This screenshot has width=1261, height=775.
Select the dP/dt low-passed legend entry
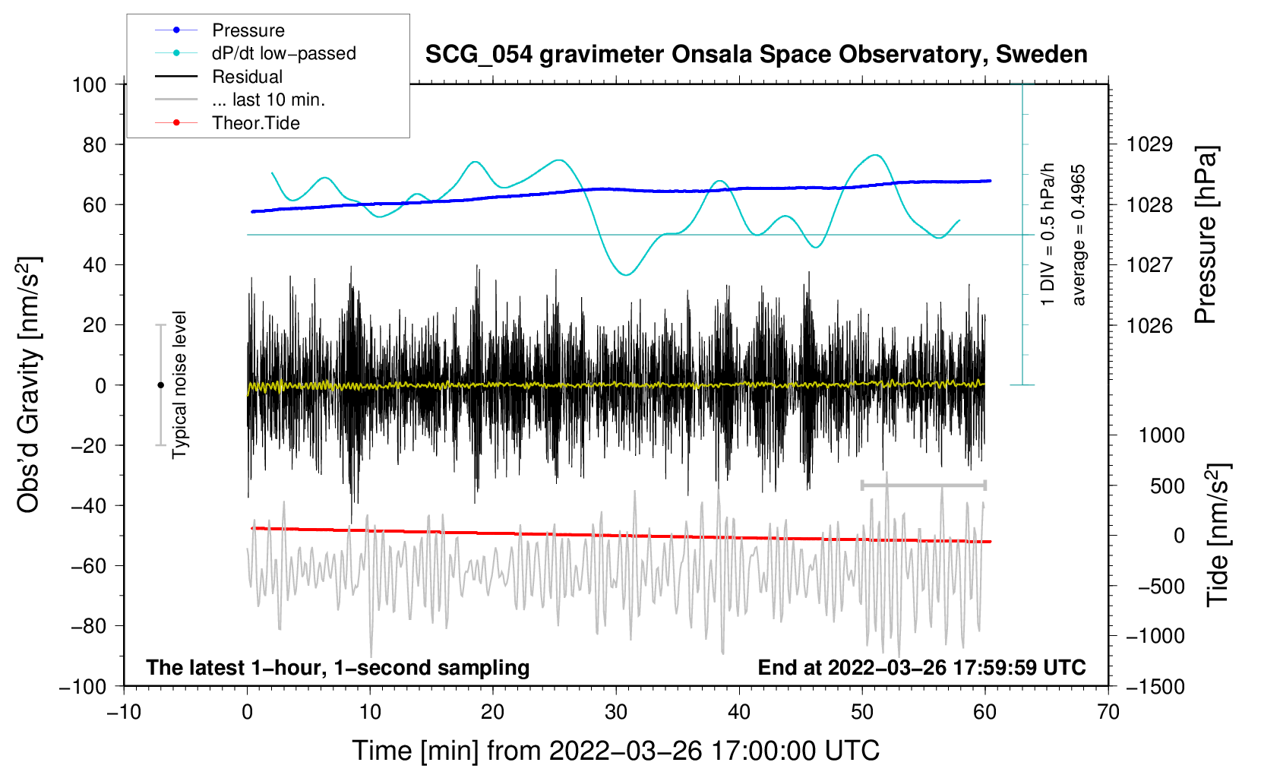[x=283, y=53]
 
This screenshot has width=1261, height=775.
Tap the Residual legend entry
[x=247, y=77]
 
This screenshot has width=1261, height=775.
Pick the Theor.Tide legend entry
[x=255, y=123]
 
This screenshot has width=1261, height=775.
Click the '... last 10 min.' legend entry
[x=268, y=100]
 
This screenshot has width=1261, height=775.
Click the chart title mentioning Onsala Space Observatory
[x=756, y=55]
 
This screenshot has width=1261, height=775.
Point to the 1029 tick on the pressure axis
[x=1149, y=144]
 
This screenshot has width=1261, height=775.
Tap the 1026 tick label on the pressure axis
[x=1149, y=325]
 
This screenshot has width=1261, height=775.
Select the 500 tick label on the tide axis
[x=1167, y=486]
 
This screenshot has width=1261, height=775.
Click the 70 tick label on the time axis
[x=1108, y=712]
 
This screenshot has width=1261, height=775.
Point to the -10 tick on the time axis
[x=124, y=712]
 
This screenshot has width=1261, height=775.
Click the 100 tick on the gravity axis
[x=90, y=84]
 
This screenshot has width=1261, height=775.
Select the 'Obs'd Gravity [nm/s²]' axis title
[x=29, y=384]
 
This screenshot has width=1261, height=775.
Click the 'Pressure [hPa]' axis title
[x=1206, y=235]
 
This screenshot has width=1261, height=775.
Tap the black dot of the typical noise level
[x=160, y=385]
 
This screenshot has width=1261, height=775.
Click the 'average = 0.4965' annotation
[x=1079, y=235]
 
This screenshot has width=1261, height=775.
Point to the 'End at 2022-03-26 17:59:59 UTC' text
[x=921, y=667]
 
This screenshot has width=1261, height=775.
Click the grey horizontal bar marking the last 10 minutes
[x=923, y=485]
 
